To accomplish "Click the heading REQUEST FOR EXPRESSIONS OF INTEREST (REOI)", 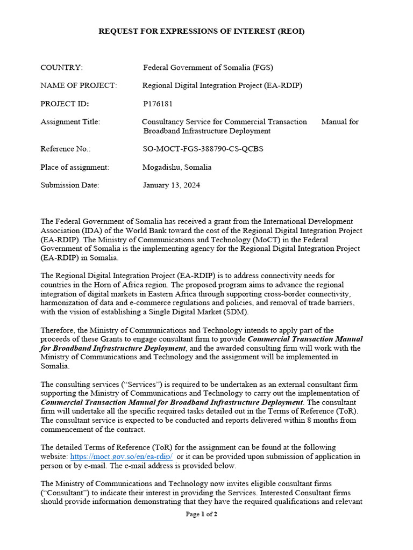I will tap(202, 31).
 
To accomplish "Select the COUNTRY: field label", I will tap(62, 67).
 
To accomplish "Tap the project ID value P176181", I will tap(158, 104).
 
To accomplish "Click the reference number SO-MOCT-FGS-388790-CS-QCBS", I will tap(203, 149).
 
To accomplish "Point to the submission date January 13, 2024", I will tap(172, 185).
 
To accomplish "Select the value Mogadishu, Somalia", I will tap(177, 167).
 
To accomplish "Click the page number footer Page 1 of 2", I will tap(202, 514).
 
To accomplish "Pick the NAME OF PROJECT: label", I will tap(79, 85).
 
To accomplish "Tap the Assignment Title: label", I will tap(70, 122).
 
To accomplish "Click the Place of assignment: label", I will tap(75, 167).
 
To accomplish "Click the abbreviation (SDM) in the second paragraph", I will tap(237, 312).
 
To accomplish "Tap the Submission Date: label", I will tap(70, 185).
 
